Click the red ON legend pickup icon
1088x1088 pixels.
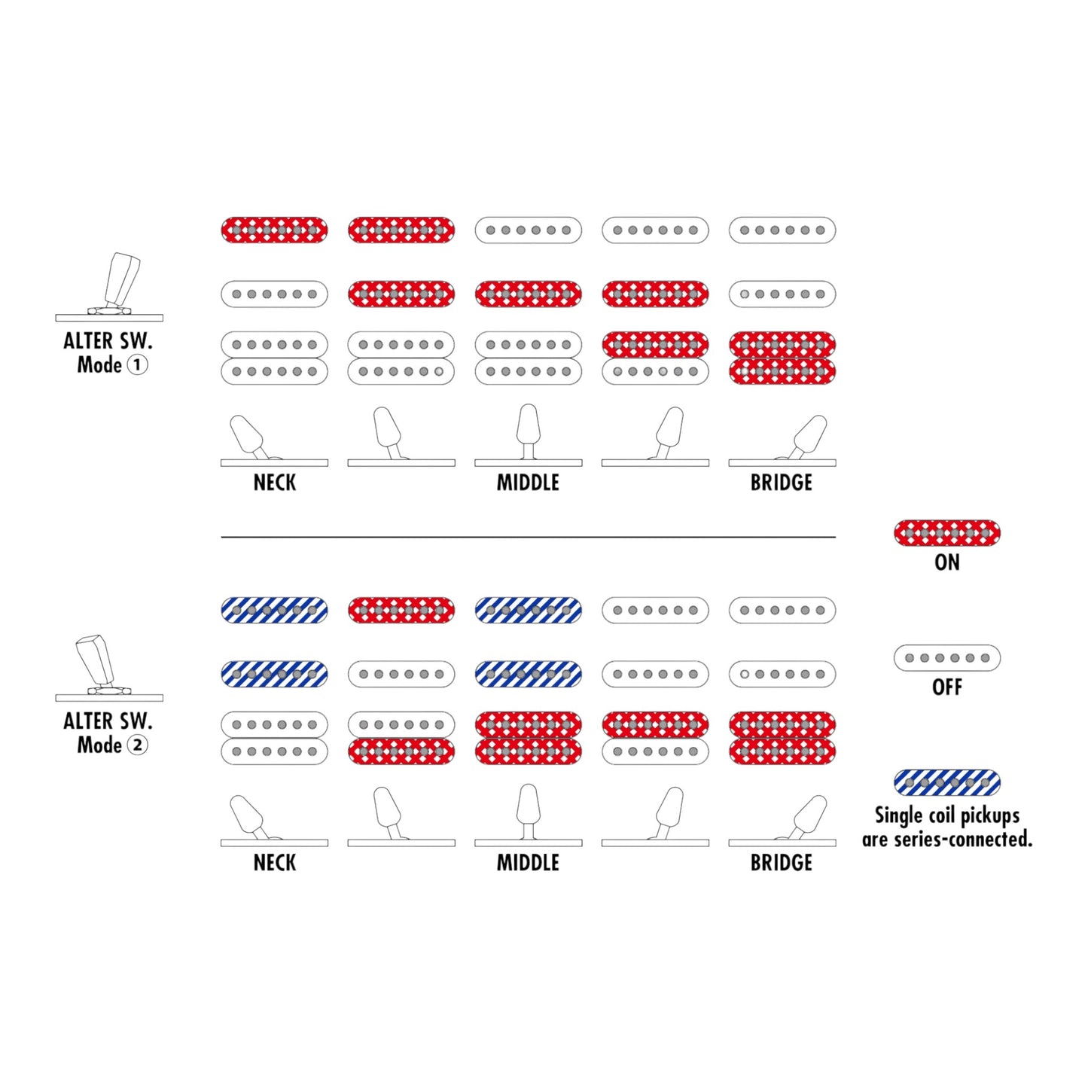coord(947,532)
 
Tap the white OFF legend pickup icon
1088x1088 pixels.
coord(947,658)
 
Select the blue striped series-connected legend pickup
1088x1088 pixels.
coord(947,782)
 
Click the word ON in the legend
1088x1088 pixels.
coord(947,563)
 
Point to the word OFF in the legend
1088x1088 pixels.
coord(947,687)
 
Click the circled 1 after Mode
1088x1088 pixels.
coord(137,364)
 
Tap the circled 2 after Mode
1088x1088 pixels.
coord(137,745)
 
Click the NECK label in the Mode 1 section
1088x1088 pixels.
coord(274,483)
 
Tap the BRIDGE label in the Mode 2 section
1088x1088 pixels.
coord(782,863)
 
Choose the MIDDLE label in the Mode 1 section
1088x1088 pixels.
coord(528,483)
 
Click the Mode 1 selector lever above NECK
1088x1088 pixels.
coord(248,436)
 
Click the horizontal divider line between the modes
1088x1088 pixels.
coord(528,537)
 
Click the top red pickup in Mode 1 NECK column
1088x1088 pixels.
coord(274,230)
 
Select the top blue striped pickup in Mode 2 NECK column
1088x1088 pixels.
coord(274,611)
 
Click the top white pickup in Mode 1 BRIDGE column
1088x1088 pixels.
coord(782,230)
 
